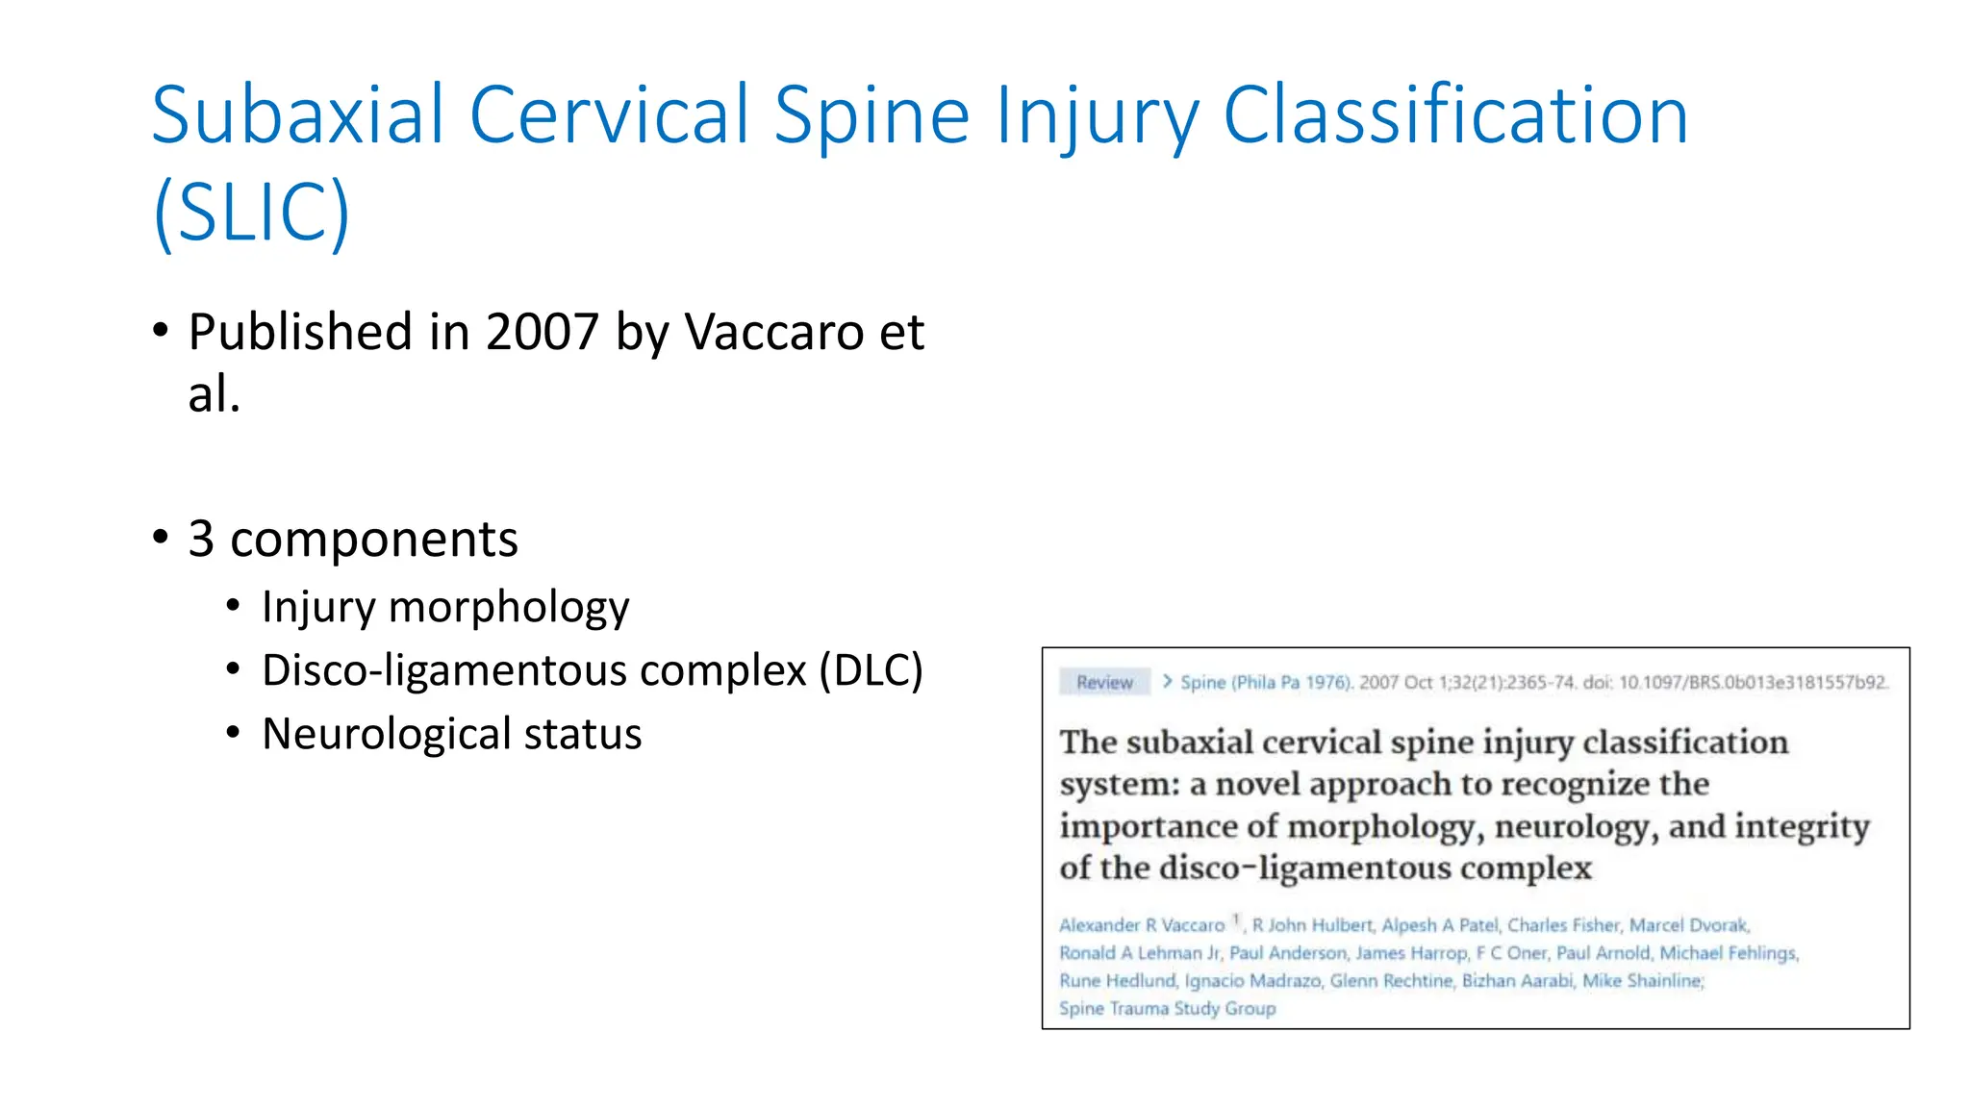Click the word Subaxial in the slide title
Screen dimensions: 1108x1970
pos(297,115)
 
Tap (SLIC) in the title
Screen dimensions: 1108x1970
pos(251,213)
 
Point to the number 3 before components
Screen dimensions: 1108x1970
pos(201,539)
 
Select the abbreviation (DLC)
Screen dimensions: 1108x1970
pos(871,670)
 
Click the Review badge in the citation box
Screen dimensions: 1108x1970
pos(1104,682)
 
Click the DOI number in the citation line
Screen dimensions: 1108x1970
pos(1753,682)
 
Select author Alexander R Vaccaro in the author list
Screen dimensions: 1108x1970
pos(1142,925)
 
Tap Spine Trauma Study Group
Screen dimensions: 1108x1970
pos(1167,1009)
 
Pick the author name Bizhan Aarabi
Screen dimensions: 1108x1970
pos(1517,981)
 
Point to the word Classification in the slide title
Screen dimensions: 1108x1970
pos(1454,115)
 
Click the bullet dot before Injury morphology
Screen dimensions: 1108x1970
pos(233,607)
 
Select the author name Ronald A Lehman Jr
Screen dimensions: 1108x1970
pos(1139,953)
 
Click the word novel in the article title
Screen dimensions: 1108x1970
pos(1256,785)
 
